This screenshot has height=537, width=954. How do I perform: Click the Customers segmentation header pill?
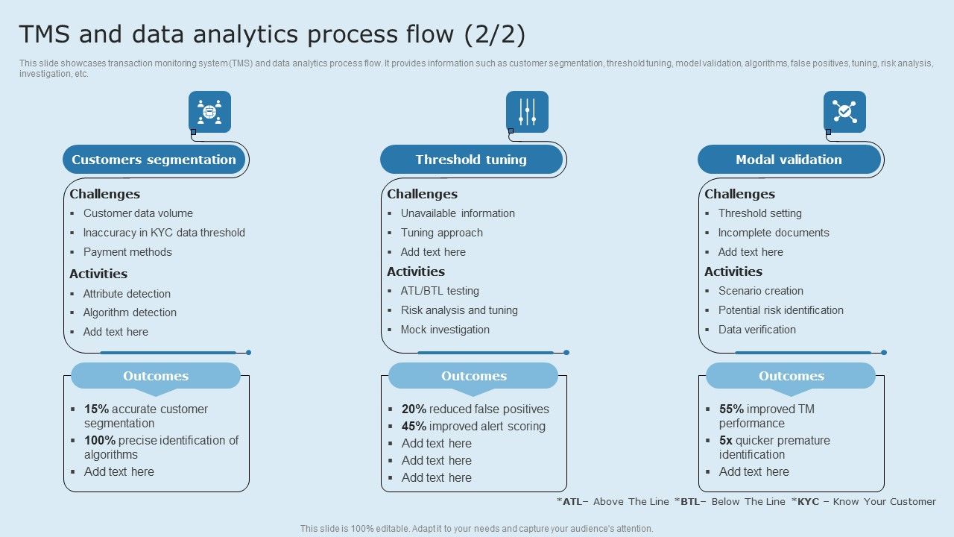point(154,160)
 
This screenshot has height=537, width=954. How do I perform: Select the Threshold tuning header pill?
point(471,160)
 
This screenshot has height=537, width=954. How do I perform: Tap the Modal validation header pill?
point(789,160)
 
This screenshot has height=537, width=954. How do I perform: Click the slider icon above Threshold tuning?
point(527,112)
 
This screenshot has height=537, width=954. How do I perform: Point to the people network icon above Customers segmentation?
point(209,112)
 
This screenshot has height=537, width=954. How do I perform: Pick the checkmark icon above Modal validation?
point(844,112)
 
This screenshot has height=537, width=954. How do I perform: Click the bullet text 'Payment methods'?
point(127,252)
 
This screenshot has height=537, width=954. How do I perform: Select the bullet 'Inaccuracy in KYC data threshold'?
point(164,233)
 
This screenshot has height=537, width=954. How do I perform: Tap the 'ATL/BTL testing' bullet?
point(440,291)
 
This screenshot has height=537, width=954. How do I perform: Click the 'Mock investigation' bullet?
point(445,330)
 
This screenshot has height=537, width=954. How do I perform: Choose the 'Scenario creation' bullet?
point(760,291)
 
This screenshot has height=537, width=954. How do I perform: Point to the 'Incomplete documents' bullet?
point(774,233)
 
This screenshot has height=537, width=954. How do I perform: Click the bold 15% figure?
point(96,409)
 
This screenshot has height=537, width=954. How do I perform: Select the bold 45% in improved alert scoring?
point(414,426)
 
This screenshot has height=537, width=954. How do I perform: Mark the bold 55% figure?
point(731,409)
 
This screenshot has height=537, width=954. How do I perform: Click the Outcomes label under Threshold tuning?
point(473,376)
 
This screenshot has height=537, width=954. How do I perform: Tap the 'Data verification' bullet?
point(756,330)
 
